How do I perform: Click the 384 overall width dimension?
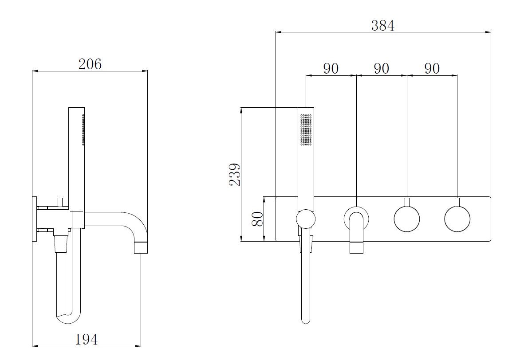383,25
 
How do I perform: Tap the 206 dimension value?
90,64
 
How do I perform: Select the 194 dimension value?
87,339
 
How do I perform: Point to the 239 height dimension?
235,174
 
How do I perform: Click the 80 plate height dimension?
257,219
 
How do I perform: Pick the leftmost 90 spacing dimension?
331,68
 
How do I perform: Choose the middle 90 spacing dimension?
382,68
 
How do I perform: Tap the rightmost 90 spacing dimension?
432,68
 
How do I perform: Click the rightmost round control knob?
457,219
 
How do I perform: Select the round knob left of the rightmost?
407,219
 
